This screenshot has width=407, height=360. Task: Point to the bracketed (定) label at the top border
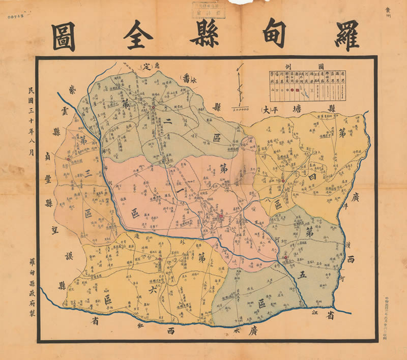coord(146,67)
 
